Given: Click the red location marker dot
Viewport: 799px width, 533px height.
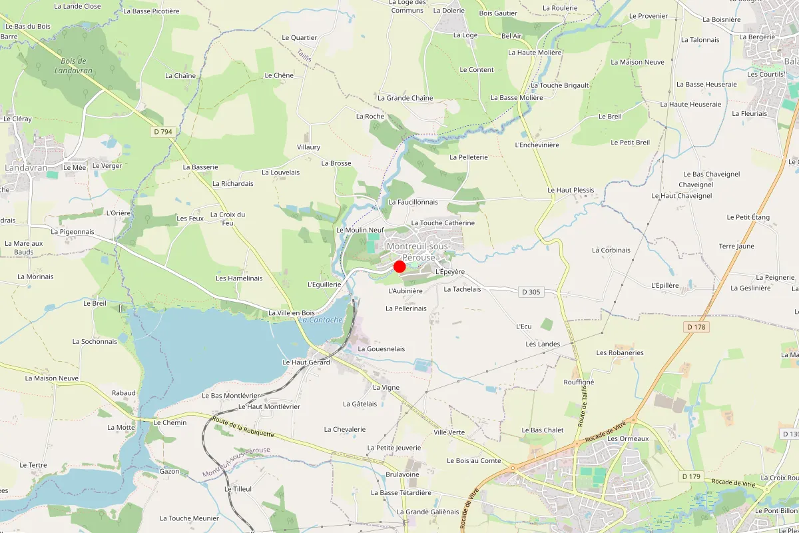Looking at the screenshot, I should tap(400, 266).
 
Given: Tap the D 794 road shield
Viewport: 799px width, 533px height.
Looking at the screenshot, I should tap(162, 132).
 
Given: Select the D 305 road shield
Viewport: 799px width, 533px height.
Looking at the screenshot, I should tap(531, 291).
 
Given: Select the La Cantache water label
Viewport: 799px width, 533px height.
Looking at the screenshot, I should tap(320, 320).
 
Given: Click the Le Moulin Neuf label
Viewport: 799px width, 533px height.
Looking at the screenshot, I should tap(361, 230).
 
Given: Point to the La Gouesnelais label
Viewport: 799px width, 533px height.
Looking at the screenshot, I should tap(381, 348).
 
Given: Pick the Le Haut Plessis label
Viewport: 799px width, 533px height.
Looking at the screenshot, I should tap(571, 190).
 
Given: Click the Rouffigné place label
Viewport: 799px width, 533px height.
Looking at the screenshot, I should tap(579, 382).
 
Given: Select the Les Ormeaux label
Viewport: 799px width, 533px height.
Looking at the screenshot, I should tap(628, 439).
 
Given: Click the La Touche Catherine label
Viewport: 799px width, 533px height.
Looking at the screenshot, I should tap(443, 223).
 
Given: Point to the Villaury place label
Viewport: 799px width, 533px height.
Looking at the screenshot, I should tap(308, 147).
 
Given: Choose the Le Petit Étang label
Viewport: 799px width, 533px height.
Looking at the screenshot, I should tap(748, 217).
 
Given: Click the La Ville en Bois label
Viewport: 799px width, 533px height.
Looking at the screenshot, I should tap(291, 313).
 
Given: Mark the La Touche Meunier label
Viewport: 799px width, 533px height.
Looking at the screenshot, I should tap(190, 518).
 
